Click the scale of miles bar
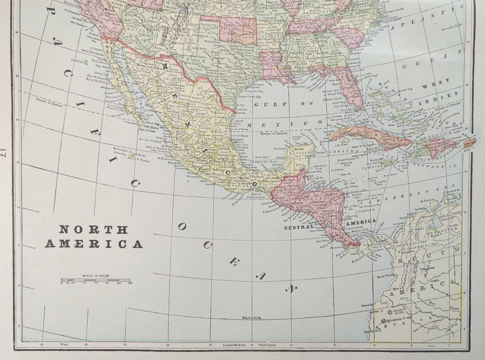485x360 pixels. [x=96, y=280]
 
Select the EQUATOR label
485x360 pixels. [x=251, y=318]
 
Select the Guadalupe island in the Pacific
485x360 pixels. [x=86, y=62]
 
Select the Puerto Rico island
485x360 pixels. [x=469, y=143]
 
